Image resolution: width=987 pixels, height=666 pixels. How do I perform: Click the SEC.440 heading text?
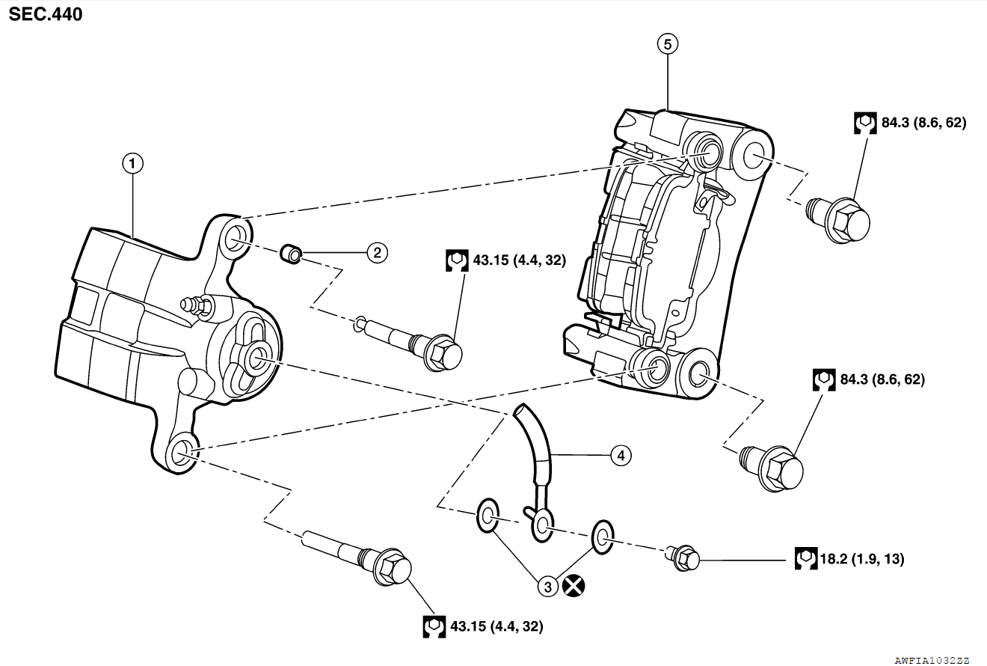46,13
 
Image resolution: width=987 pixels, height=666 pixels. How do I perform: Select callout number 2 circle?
378,252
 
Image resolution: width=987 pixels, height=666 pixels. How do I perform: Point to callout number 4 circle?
620,454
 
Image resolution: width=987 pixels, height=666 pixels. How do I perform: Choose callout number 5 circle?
667,44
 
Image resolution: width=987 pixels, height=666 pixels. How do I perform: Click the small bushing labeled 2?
290,255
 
